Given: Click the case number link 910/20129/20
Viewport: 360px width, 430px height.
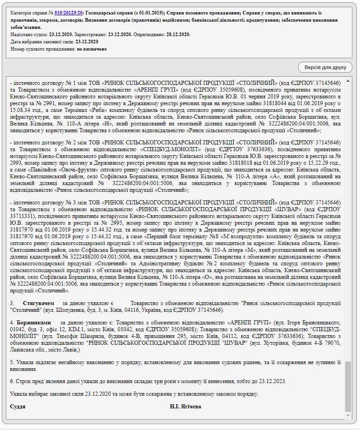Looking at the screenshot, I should [69, 14].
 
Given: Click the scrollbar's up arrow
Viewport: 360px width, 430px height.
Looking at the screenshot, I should [348, 81].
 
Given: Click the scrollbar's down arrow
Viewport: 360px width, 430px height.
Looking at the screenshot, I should [348, 416].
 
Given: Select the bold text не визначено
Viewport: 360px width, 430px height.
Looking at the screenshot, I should [92, 49].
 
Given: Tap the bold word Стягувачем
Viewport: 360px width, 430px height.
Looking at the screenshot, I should [38, 303].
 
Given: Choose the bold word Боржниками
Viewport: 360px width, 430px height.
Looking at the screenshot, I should [34, 323].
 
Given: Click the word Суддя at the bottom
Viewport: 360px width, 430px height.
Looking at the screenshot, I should [18, 406].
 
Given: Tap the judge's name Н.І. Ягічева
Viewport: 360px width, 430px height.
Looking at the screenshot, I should [185, 406].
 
